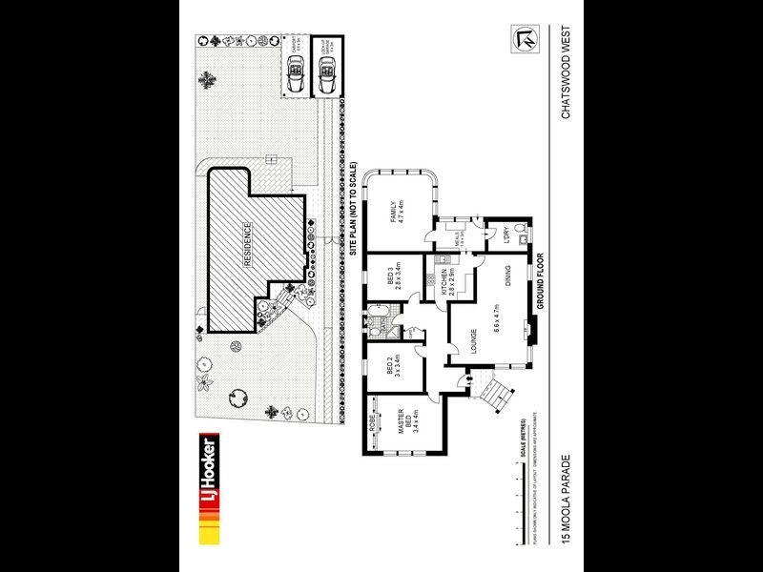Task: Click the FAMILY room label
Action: click(x=392, y=211)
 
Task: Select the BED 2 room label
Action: click(x=392, y=370)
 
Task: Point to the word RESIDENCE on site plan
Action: click(x=247, y=248)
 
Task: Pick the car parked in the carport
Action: click(x=296, y=71)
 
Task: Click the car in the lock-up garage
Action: click(x=327, y=72)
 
